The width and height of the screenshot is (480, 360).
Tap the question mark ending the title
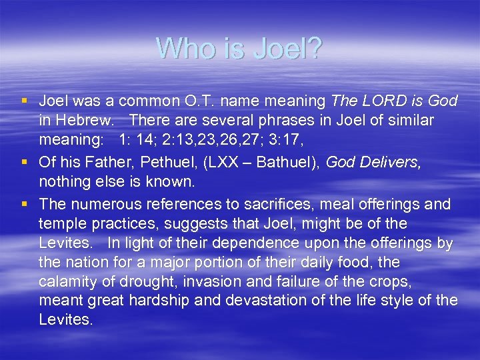(315, 48)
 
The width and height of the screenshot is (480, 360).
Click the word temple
(61, 223)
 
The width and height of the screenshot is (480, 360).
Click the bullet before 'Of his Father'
(25, 161)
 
